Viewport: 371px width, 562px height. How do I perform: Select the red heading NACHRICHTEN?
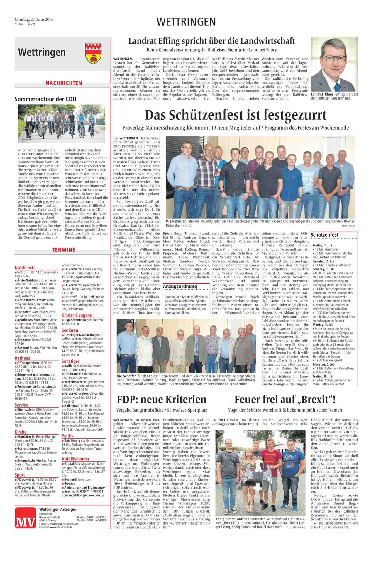pyautogui.click(x=63, y=83)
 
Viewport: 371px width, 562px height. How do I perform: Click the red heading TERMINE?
pyautogui.click(x=64, y=250)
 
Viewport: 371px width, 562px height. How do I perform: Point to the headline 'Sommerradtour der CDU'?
pyautogui.click(x=45, y=99)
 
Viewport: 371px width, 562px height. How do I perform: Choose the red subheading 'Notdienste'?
pyautogui.click(x=25, y=267)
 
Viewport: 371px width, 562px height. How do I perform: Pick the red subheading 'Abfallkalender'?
pyautogui.click(x=75, y=459)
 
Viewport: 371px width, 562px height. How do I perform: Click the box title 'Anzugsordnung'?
pyautogui.click(x=180, y=286)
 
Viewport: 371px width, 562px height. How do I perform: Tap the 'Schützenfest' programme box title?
pyautogui.click(x=325, y=235)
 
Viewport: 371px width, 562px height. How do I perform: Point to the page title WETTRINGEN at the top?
pyautogui.click(x=186, y=22)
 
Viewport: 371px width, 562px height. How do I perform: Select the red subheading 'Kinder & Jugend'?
pyautogui.click(x=77, y=315)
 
